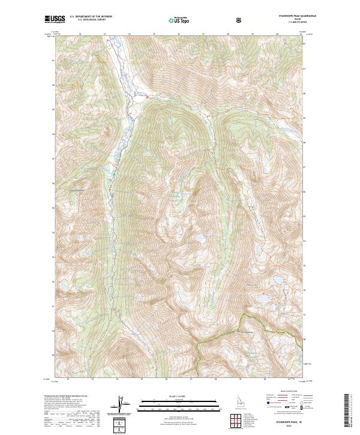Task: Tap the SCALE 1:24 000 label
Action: [180, 396]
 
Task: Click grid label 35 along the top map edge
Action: [154, 34]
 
